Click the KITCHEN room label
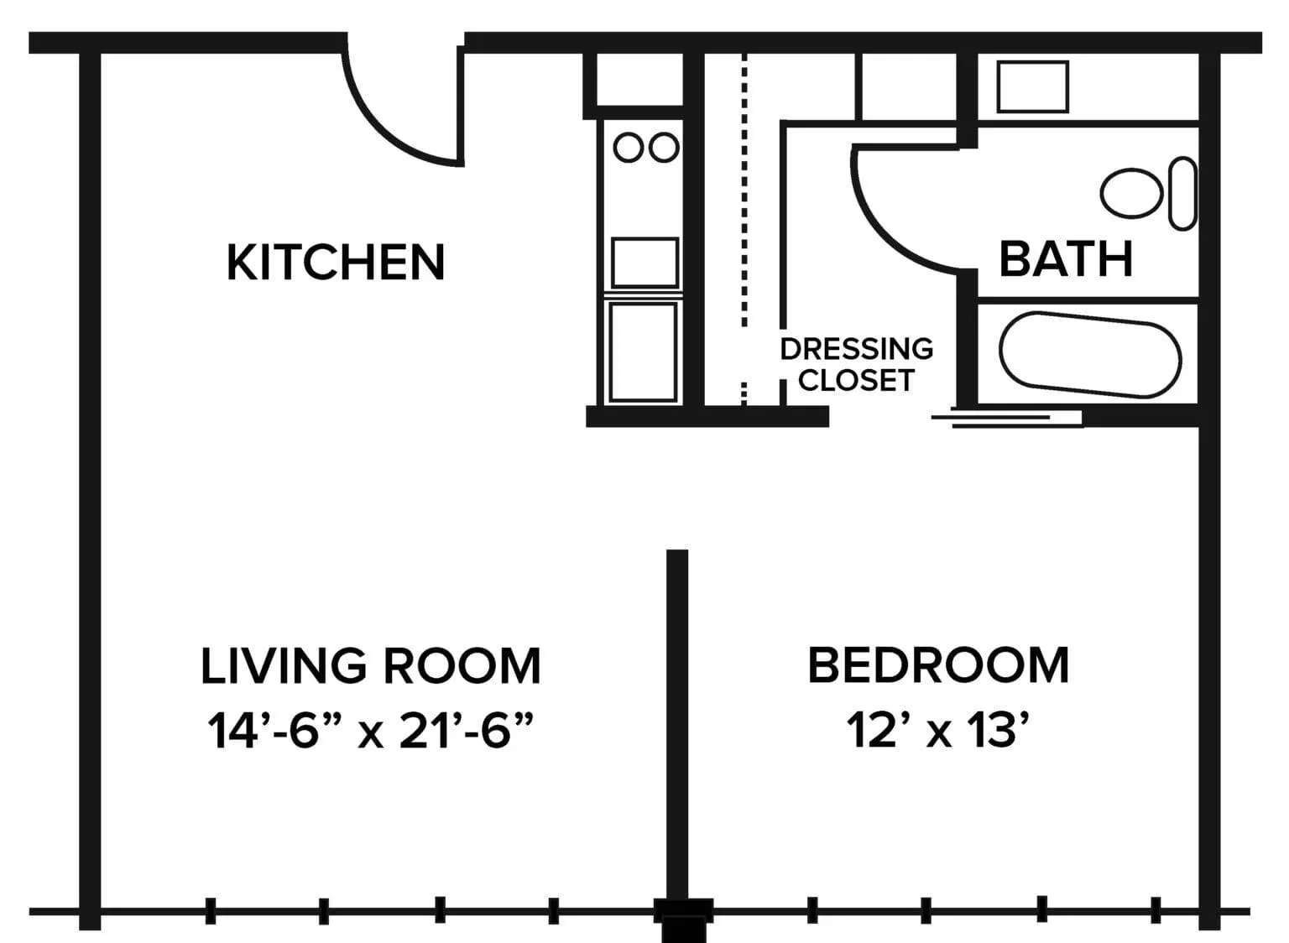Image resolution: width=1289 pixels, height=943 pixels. (336, 263)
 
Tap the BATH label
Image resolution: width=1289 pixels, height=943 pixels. (1067, 259)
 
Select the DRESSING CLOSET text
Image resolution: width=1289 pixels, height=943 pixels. (856, 364)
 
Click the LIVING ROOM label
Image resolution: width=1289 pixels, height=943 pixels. (371, 665)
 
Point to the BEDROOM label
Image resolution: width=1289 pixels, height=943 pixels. (938, 665)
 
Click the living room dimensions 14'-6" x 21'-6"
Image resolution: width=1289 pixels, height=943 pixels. (371, 730)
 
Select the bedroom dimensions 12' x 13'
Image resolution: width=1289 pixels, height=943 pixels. (938, 730)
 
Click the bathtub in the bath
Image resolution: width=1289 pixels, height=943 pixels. (1090, 355)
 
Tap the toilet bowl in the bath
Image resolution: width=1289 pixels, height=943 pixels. (1131, 193)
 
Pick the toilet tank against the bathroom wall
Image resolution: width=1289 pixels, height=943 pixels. (1183, 193)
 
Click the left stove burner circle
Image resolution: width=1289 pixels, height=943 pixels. (629, 148)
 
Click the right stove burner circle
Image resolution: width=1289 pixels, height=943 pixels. (664, 148)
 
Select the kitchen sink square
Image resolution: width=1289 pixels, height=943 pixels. (645, 263)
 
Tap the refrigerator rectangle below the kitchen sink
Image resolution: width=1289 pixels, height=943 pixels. (643, 352)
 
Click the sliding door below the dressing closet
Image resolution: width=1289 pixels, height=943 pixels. (1007, 419)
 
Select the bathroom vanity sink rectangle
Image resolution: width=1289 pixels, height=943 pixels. (1033, 87)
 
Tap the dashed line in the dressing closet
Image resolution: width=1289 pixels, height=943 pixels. (744, 229)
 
